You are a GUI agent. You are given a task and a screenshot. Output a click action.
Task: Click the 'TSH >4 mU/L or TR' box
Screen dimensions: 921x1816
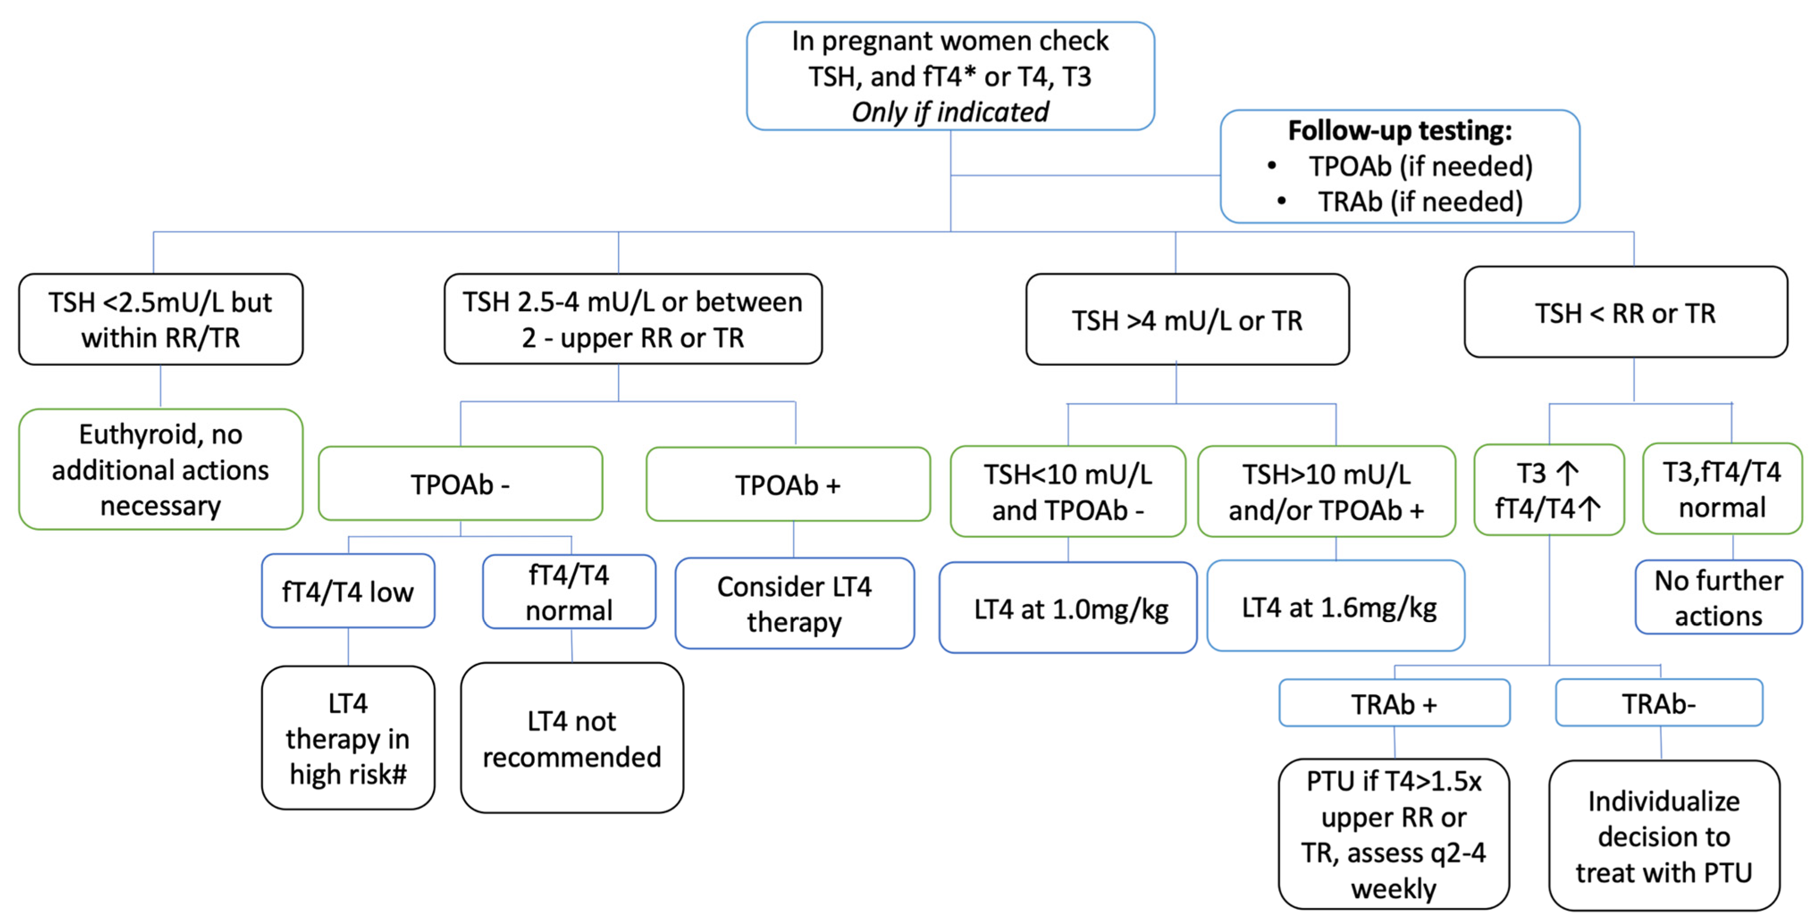1187,320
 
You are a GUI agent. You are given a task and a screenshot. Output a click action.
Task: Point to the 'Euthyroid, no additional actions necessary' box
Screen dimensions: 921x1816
161,469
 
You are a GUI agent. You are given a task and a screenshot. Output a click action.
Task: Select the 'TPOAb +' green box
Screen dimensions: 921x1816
788,485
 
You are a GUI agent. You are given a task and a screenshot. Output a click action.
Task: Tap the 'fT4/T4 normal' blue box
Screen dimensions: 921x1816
569,592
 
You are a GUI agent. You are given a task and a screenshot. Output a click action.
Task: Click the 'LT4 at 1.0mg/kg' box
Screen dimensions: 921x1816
1068,608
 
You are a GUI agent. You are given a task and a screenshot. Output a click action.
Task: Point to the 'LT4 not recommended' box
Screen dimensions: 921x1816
572,738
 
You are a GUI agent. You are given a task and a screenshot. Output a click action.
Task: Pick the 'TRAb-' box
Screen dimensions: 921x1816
1658,703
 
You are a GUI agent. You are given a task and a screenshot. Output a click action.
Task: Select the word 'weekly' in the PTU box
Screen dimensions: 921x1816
1393,888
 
